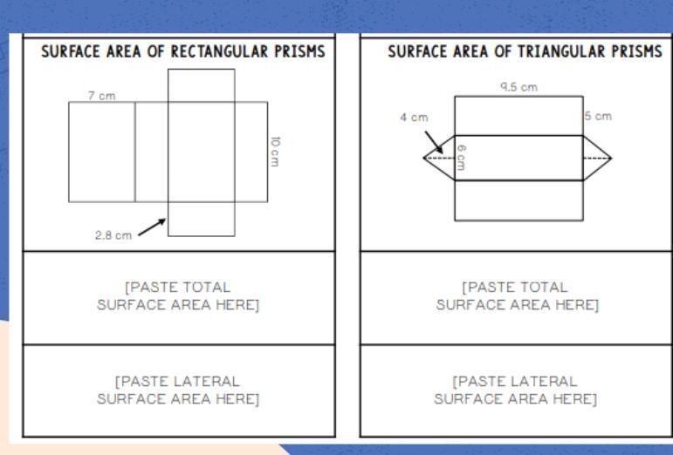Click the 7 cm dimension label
click(x=101, y=95)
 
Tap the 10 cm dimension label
click(x=275, y=151)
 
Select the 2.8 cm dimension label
click(x=113, y=234)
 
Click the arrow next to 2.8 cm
click(x=151, y=226)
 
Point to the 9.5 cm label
click(x=518, y=86)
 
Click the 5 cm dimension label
click(x=598, y=116)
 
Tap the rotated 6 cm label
click(x=461, y=157)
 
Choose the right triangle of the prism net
click(x=595, y=158)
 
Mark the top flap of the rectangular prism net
click(x=201, y=85)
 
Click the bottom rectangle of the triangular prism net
click(x=518, y=200)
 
